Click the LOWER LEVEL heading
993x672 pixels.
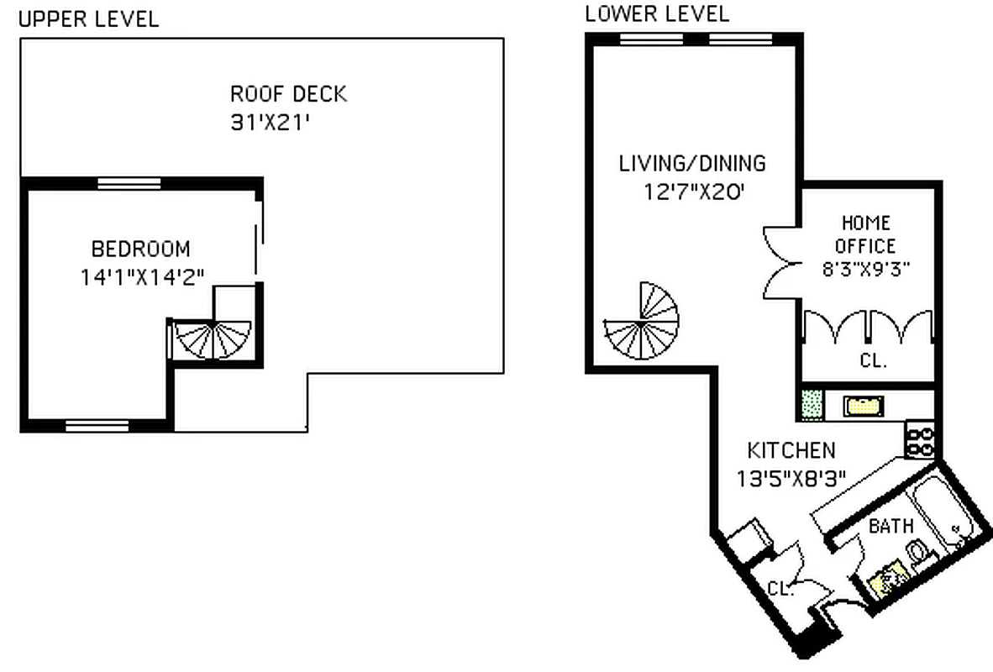[657, 13]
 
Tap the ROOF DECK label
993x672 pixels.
[288, 93]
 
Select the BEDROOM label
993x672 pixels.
[140, 249]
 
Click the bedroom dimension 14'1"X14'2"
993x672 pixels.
[143, 277]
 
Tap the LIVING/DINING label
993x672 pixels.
[692, 163]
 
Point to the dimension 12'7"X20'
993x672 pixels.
[694, 192]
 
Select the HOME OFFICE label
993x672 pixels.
[866, 234]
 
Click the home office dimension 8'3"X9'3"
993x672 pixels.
[866, 270]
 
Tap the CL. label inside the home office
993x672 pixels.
[873, 362]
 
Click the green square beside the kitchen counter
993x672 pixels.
[812, 404]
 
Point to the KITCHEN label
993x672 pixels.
[791, 450]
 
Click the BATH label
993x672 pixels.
[891, 527]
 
